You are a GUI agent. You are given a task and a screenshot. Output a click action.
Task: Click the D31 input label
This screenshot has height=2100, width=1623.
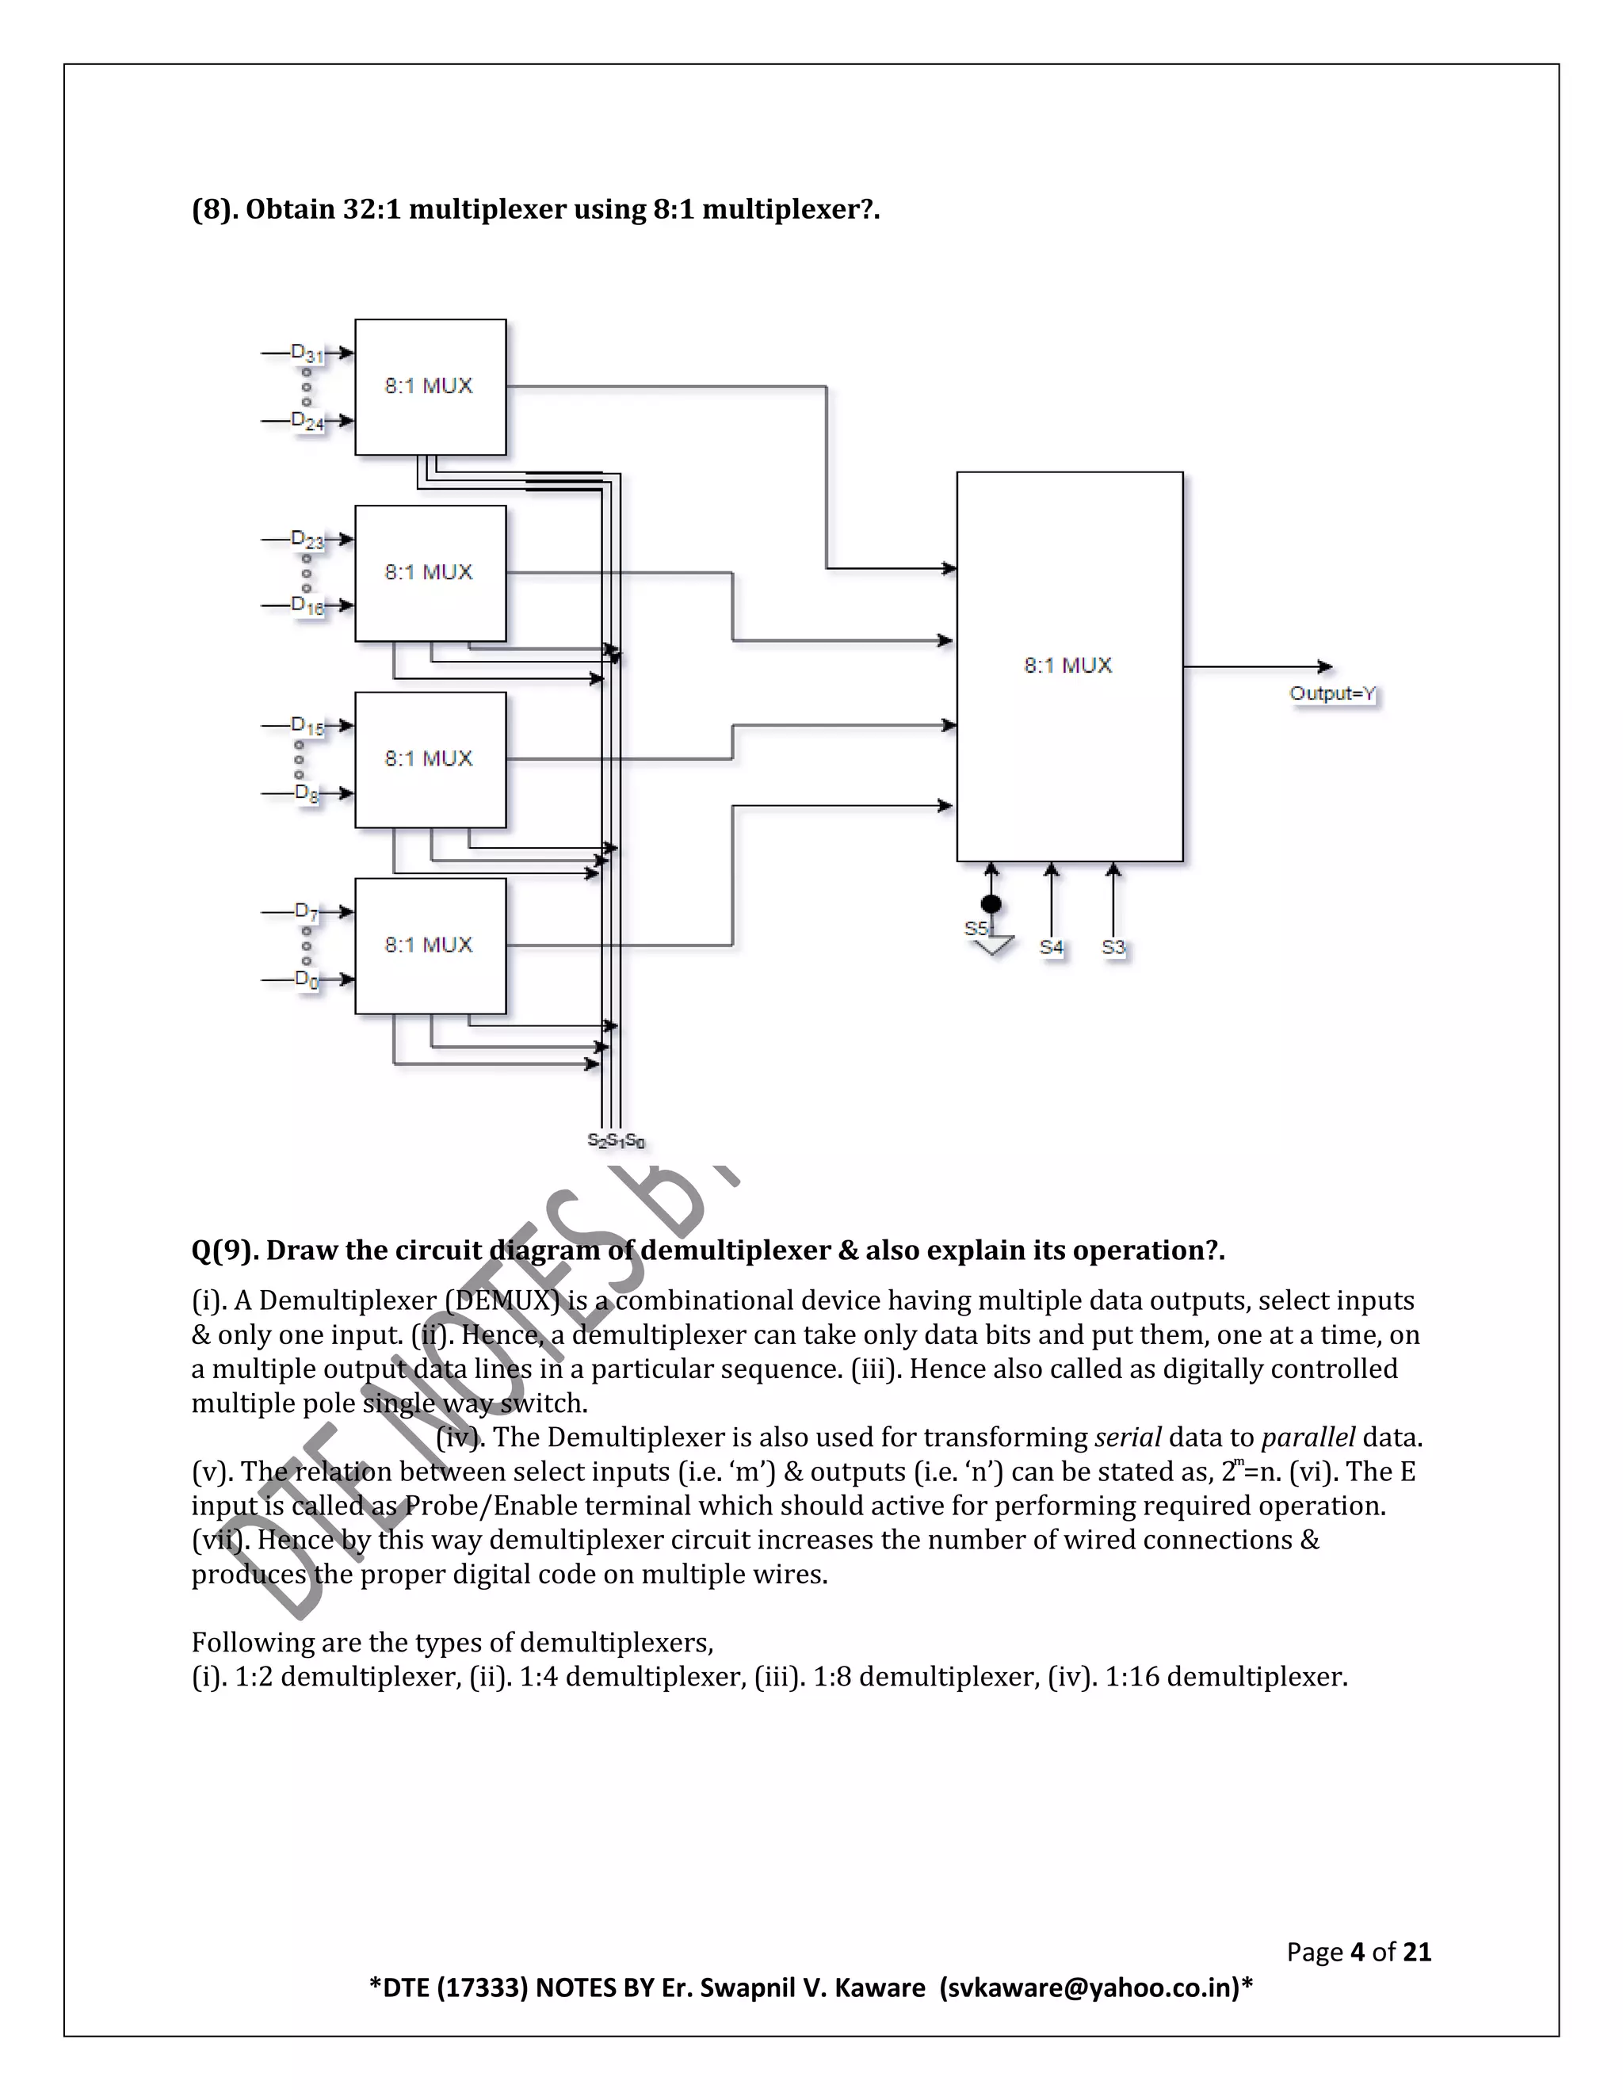tap(307, 354)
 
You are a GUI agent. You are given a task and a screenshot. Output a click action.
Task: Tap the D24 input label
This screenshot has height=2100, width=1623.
tap(307, 421)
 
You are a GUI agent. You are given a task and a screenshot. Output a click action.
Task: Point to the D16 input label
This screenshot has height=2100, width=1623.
tap(307, 605)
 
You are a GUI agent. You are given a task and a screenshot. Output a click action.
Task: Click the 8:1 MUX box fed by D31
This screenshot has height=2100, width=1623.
tap(430, 387)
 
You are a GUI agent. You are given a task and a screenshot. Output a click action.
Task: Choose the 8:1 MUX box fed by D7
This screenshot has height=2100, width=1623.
tap(430, 946)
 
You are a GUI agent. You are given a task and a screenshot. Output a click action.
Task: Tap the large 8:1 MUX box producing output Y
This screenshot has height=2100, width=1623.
tap(1068, 666)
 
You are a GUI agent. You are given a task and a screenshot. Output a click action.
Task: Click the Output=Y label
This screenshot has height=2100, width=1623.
tap(1333, 693)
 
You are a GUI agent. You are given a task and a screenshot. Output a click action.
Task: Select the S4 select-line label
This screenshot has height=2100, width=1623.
tap(1051, 947)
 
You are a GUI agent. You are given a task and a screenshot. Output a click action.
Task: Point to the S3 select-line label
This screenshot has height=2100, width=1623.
tap(1113, 947)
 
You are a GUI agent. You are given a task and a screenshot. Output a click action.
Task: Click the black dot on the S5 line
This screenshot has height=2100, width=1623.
tap(991, 904)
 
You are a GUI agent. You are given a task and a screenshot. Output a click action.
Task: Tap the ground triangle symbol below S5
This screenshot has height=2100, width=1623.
tap(993, 945)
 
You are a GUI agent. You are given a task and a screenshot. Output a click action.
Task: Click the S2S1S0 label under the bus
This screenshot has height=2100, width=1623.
tap(615, 1141)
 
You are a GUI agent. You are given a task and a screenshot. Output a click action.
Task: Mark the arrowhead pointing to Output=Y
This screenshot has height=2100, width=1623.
tap(1326, 666)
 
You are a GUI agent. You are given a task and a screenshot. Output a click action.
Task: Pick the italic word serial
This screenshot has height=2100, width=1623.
tap(1128, 1438)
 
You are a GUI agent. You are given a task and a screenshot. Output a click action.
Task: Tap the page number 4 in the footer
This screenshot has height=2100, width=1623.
tap(1358, 1951)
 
